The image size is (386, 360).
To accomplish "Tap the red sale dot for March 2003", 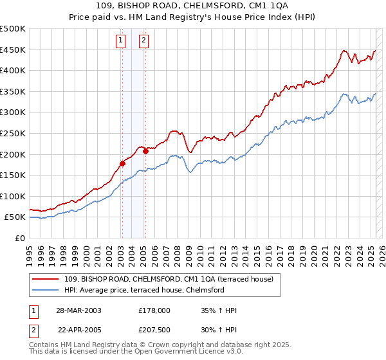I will pos(122,163).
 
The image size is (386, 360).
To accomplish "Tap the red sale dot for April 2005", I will pos(145,151).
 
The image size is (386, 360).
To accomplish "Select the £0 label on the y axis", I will pos(20,238).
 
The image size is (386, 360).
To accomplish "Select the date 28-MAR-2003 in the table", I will pos(80,310).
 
